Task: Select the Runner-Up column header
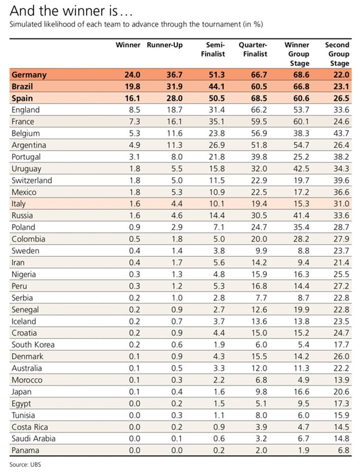tap(164, 45)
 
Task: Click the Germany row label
tap(28, 75)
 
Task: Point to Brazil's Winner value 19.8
tap(130, 86)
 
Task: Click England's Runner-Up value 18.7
tap(172, 110)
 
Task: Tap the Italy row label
tap(20, 203)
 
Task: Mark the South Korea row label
tap(33, 345)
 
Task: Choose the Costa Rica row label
tap(29, 427)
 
